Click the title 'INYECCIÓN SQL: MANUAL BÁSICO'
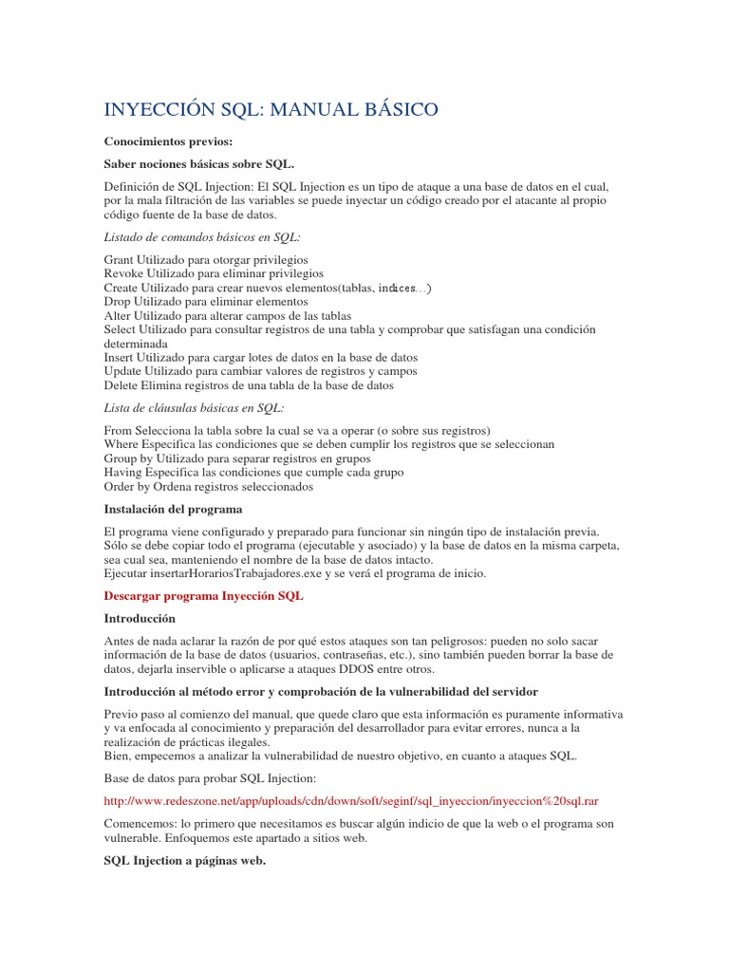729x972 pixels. pos(271,110)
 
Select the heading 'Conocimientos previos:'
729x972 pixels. pos(167,141)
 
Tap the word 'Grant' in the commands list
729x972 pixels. pos(120,259)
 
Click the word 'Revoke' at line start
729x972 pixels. pos(125,273)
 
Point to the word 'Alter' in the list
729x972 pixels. pos(118,315)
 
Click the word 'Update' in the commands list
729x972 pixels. pos(125,371)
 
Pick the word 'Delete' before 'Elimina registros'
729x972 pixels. pos(123,385)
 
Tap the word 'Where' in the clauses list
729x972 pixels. pos(121,443)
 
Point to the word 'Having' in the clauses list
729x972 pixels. pos(123,472)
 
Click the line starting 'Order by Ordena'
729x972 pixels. pos(208,486)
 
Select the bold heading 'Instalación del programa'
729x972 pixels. pos(173,509)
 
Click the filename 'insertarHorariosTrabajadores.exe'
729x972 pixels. pos(255,573)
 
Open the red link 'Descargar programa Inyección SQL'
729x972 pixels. pos(203,595)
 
